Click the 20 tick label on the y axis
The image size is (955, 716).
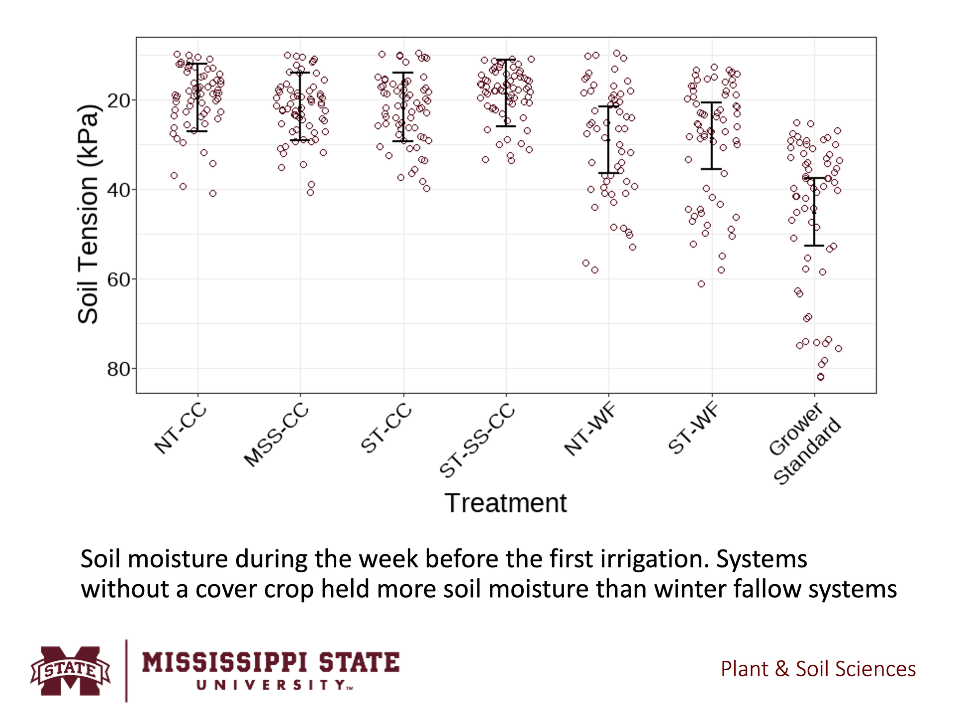118,101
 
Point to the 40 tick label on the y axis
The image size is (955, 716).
118,190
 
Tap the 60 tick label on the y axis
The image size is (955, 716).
118,280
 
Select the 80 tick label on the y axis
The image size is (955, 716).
118,369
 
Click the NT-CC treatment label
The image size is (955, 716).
180,429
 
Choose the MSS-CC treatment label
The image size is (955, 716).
276,435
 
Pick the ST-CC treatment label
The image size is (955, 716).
386,429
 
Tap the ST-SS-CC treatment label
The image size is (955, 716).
477,440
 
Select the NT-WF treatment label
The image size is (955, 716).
590,430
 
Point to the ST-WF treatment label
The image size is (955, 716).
693,429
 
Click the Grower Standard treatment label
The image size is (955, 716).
803,444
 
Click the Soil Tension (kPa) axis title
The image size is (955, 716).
89,214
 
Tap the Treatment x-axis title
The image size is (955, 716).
505,503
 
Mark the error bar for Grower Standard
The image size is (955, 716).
814,212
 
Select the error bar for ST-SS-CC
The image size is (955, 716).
506,93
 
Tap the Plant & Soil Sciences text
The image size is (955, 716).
818,669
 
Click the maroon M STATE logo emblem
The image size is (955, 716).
70,670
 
